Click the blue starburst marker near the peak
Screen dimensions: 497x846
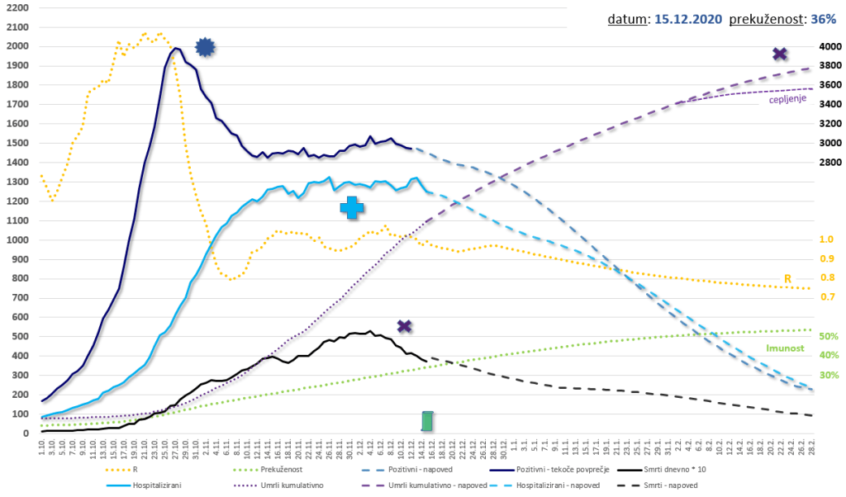point(205,48)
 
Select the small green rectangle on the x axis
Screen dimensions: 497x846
point(427,421)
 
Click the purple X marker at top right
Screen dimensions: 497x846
point(779,54)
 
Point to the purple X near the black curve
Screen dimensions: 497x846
point(404,326)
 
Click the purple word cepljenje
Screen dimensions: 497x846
point(787,100)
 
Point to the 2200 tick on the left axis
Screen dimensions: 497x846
point(17,7)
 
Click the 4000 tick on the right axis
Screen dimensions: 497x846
point(829,47)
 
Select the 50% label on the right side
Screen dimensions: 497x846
point(826,336)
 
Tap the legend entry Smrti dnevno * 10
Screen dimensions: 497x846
point(690,468)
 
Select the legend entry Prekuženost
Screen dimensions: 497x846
point(300,468)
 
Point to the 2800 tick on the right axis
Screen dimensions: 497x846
point(829,162)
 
